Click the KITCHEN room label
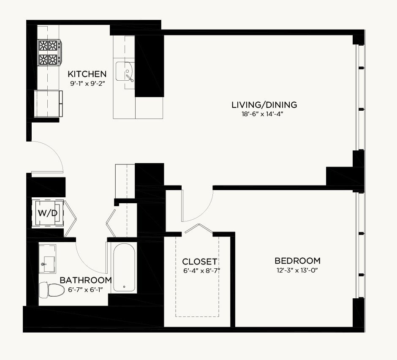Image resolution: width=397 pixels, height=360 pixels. [x=87, y=74]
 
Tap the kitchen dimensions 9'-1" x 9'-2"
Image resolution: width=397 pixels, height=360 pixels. [x=87, y=84]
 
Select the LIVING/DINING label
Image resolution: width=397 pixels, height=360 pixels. [x=264, y=105]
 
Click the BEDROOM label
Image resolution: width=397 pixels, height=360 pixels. [x=297, y=261]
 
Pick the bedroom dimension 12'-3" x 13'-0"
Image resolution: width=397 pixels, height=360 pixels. [x=297, y=270]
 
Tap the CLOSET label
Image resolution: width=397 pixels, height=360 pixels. [x=199, y=262]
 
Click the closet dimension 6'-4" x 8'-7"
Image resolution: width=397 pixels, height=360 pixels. [x=201, y=271]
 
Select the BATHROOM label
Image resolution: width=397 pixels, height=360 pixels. [x=86, y=280]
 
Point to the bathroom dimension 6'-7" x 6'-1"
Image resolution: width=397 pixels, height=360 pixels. [x=86, y=289]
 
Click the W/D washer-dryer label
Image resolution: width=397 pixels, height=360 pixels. [x=48, y=213]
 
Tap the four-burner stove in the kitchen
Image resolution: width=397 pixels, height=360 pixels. [x=50, y=52]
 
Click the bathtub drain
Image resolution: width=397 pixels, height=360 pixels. [x=124, y=287]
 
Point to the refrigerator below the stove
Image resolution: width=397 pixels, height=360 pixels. [x=48, y=104]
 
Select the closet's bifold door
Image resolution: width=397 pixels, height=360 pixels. [x=199, y=228]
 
